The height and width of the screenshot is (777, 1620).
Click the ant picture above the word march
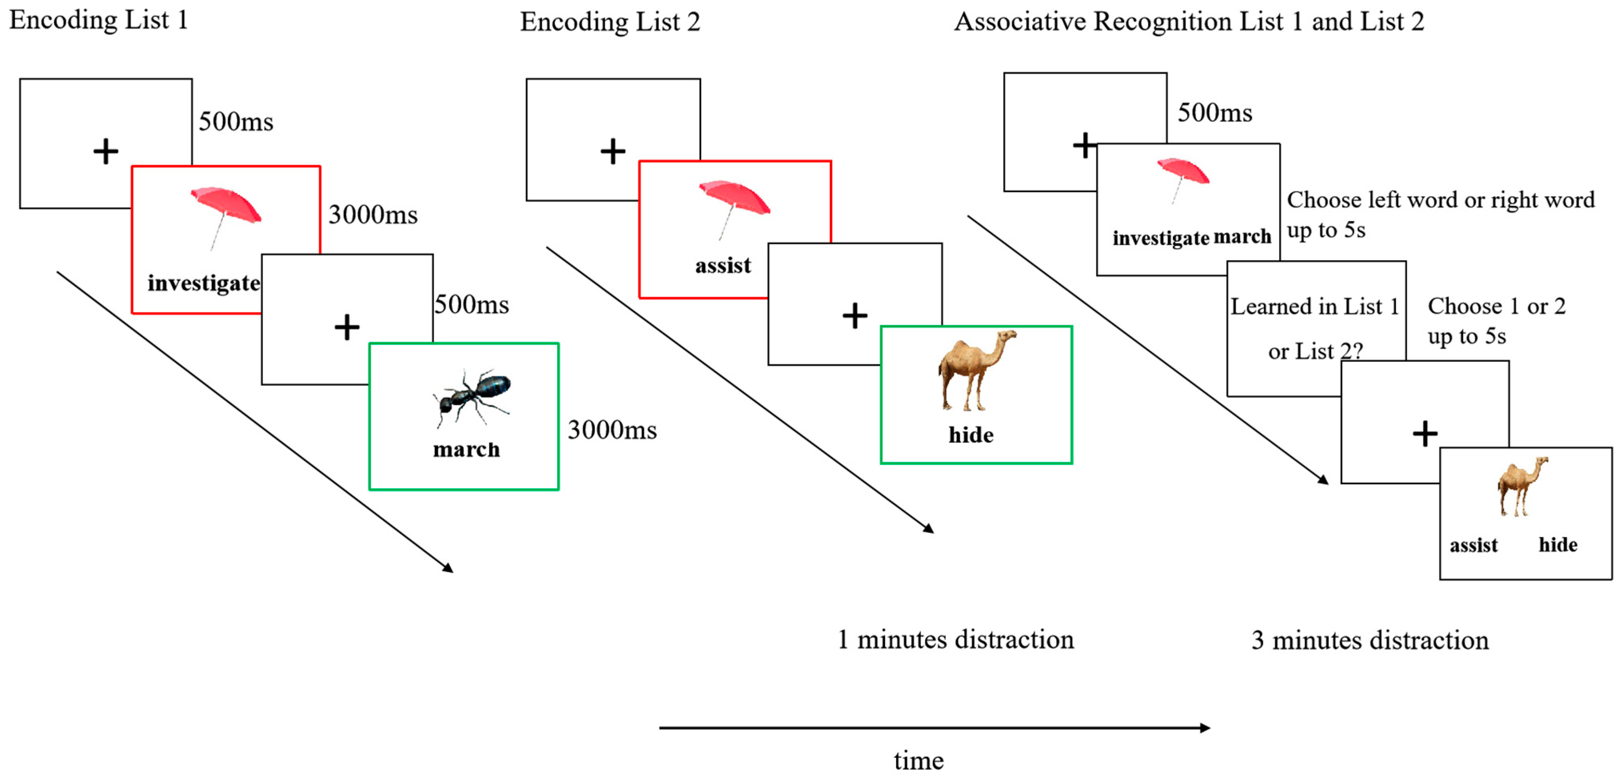[x=472, y=396]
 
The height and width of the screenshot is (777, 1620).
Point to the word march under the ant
[x=466, y=450]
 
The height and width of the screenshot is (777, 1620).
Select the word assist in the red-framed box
[x=723, y=266]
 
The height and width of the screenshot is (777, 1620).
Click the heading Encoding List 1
[x=99, y=20]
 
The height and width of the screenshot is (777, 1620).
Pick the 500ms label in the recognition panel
[x=1214, y=113]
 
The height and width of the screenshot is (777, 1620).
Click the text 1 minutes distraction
[x=955, y=640]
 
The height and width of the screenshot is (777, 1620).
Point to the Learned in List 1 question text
[x=1314, y=307]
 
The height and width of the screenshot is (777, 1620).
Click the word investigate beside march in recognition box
[x=1160, y=238]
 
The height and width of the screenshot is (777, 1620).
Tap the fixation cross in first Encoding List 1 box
[x=106, y=152]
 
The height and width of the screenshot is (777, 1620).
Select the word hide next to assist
[x=1558, y=545]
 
